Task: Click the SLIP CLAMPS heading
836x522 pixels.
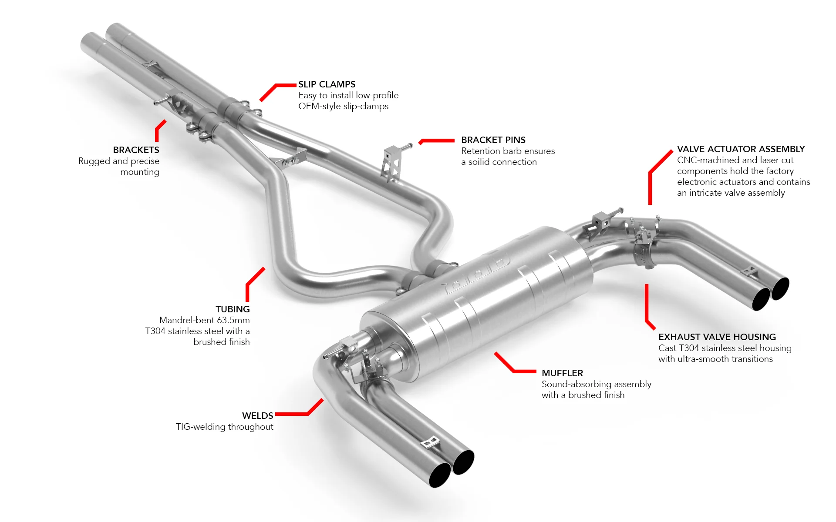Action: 327,84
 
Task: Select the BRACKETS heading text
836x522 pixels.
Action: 136,150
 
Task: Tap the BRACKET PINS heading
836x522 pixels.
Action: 493,140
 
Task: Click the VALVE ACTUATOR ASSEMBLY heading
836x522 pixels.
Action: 741,149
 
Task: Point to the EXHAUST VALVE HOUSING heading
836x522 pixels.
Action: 717,337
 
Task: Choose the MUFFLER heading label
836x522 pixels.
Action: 562,373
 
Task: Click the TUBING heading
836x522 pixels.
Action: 233,309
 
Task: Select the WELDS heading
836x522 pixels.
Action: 257,416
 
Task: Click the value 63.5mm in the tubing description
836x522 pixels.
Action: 233,320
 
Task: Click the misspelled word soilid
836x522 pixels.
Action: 481,162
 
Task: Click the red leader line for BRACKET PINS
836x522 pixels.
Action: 438,141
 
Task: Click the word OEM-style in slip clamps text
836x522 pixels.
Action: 319,107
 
